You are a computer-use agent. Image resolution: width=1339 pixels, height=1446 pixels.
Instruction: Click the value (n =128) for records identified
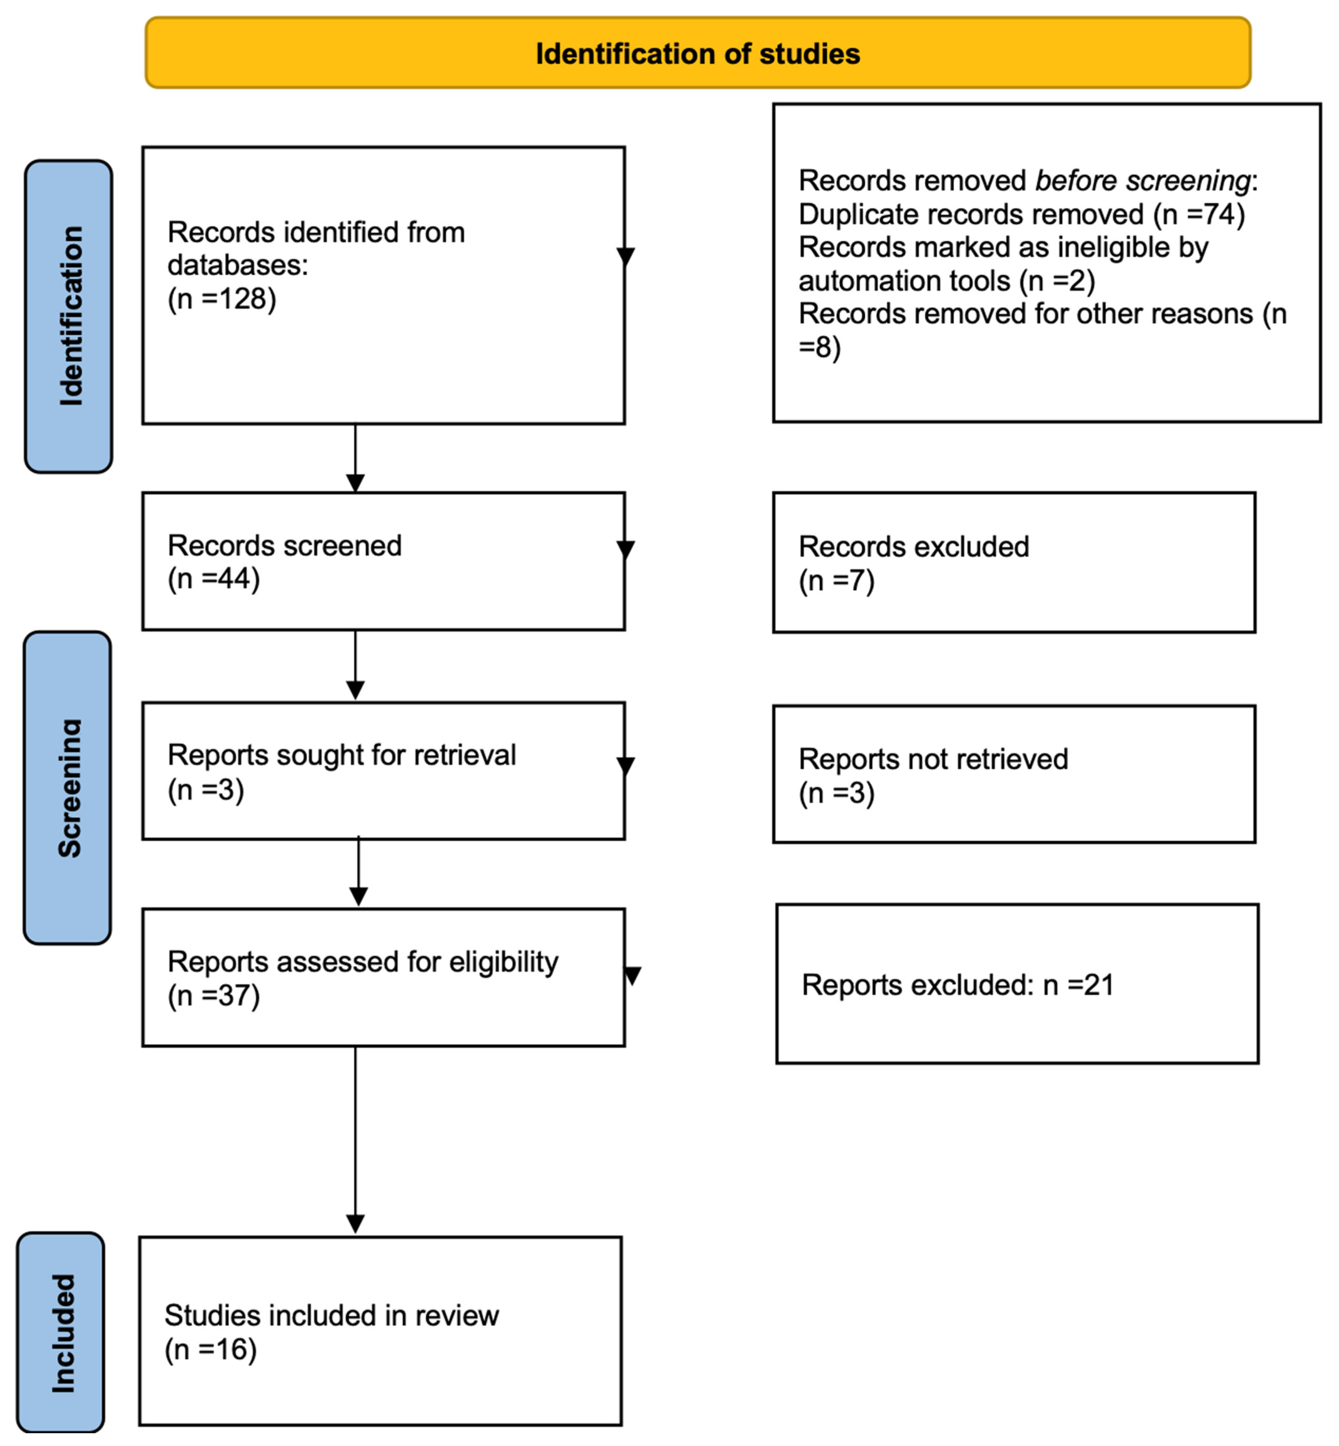pyautogui.click(x=222, y=298)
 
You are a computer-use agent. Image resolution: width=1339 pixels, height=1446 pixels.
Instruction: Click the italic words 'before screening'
pyautogui.click(x=1143, y=180)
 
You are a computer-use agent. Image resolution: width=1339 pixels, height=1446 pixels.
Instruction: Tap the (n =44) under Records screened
pyautogui.click(x=214, y=579)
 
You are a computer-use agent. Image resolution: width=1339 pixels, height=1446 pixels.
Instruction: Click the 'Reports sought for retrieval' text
pyautogui.click(x=341, y=755)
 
